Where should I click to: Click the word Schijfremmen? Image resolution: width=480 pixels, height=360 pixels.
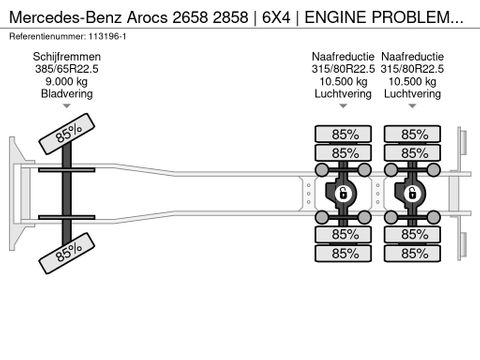(x=67, y=57)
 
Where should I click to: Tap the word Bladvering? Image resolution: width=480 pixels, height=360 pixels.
(x=67, y=93)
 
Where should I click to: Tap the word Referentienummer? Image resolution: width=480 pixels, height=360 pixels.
(x=49, y=35)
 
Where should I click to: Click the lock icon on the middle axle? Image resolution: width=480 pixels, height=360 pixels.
(x=341, y=193)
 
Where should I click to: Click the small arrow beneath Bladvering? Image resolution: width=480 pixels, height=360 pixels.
(x=67, y=105)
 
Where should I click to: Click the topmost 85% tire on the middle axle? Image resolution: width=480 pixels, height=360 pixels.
(x=344, y=133)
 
